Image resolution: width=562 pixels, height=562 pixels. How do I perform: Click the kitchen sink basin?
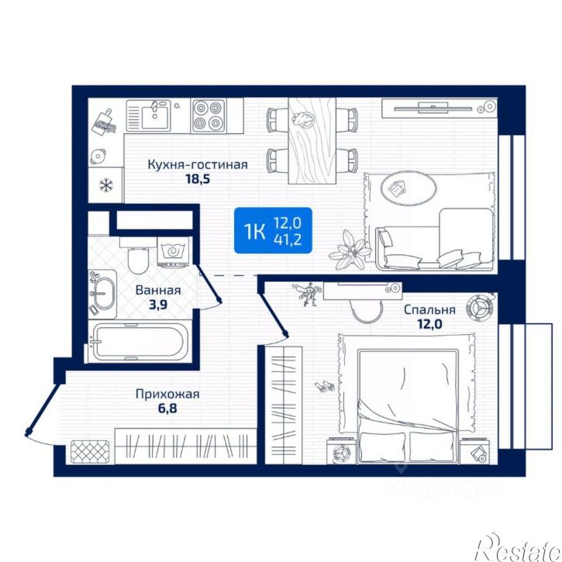[x=155, y=115]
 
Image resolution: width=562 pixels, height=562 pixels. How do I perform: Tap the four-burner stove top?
[x=208, y=116]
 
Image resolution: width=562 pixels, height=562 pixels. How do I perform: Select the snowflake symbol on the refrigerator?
[x=106, y=185]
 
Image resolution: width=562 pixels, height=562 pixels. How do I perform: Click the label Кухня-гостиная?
[x=198, y=164]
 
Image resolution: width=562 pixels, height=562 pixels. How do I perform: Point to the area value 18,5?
[x=198, y=178]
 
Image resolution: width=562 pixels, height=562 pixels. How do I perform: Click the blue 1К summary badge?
[x=273, y=230]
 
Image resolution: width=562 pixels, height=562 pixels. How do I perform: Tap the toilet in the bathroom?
[x=138, y=257]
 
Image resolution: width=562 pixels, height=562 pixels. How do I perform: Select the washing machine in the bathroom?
[x=172, y=253]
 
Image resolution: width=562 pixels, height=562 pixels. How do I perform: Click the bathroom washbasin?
[x=104, y=294]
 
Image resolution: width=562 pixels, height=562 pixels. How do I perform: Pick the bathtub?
[x=138, y=342]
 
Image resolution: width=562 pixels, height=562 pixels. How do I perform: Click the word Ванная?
[x=158, y=290]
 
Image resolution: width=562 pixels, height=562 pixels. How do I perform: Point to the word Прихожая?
[x=167, y=395]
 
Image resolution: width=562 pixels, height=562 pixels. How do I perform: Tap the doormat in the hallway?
[x=90, y=451]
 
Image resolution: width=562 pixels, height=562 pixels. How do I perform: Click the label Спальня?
[x=429, y=309]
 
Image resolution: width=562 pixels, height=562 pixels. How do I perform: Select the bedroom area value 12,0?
[x=429, y=324]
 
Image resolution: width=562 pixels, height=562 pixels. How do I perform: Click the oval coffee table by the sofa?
[x=409, y=188]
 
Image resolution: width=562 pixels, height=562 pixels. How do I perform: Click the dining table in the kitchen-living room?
[x=312, y=141]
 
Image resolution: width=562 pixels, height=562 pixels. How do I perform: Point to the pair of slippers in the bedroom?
[x=325, y=386]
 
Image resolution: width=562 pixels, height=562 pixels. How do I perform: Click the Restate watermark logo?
[x=519, y=549]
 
